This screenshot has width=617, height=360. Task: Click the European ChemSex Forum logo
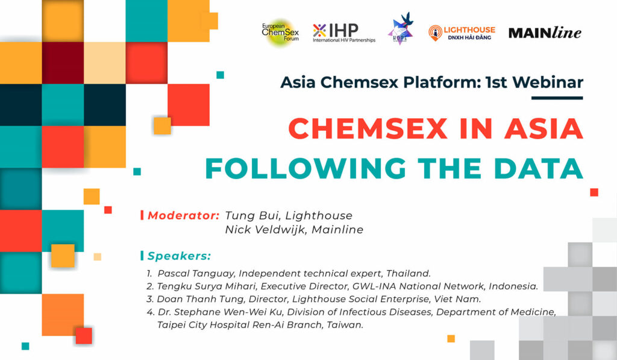281,33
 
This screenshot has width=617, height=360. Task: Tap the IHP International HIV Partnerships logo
344,33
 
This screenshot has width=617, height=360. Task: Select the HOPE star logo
401,28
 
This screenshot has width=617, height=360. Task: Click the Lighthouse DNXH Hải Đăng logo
462,33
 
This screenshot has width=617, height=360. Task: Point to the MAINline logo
545,33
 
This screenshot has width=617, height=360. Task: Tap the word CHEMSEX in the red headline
368,128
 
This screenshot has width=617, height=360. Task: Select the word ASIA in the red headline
544,128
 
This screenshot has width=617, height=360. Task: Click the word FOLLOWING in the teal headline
305,168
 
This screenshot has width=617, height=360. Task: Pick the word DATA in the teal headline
539,168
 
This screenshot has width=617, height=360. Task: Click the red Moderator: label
183,215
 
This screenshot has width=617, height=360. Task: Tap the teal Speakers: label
179,256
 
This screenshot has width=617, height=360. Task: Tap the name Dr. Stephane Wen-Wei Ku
220,312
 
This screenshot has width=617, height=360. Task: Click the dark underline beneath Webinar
557,98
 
